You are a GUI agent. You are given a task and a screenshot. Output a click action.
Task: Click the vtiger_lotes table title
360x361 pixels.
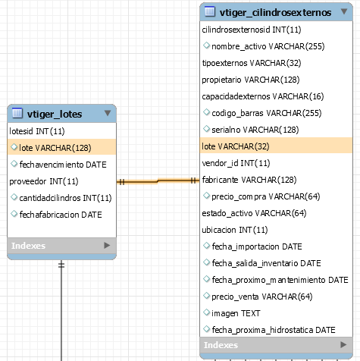pos(55,115)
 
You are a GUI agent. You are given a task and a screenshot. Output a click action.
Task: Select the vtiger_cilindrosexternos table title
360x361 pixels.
pos(275,12)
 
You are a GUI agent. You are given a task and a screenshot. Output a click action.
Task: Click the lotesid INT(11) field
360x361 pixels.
pos(37,131)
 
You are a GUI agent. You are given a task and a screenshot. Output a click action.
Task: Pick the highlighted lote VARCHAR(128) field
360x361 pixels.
pos(55,148)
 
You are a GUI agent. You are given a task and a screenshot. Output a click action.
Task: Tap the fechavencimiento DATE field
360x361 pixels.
pos(63,165)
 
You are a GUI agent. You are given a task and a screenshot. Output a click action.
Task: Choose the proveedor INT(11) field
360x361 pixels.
pos(44,181)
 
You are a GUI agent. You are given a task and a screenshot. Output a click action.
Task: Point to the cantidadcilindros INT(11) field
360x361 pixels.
pos(65,198)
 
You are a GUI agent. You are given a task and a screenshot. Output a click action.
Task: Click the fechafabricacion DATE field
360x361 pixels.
pos(61,215)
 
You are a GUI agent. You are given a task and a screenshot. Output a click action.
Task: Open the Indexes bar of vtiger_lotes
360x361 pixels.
pos(62,246)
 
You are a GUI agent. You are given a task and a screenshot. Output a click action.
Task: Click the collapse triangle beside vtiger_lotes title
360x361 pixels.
pos(108,113)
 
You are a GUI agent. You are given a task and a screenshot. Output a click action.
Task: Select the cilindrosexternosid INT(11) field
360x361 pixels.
pos(252,30)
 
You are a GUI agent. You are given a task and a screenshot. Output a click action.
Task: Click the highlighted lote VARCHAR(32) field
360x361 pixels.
pos(236,146)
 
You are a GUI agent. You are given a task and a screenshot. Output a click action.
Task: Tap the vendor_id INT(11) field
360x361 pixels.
pos(236,163)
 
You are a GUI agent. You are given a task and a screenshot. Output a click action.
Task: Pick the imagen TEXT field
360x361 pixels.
pos(236,313)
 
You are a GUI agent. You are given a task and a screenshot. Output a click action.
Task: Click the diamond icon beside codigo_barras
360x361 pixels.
pos(206,112)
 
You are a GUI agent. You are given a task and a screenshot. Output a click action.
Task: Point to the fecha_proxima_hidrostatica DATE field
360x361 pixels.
pos(274,330)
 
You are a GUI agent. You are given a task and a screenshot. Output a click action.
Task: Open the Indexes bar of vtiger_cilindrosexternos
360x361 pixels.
pos(276,345)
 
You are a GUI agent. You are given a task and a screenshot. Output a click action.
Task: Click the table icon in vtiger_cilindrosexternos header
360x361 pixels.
pos(210,11)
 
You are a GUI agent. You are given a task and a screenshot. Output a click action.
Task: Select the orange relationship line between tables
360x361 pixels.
pos(158,181)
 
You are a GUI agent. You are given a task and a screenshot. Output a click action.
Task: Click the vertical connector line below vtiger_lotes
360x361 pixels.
pos(61,310)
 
